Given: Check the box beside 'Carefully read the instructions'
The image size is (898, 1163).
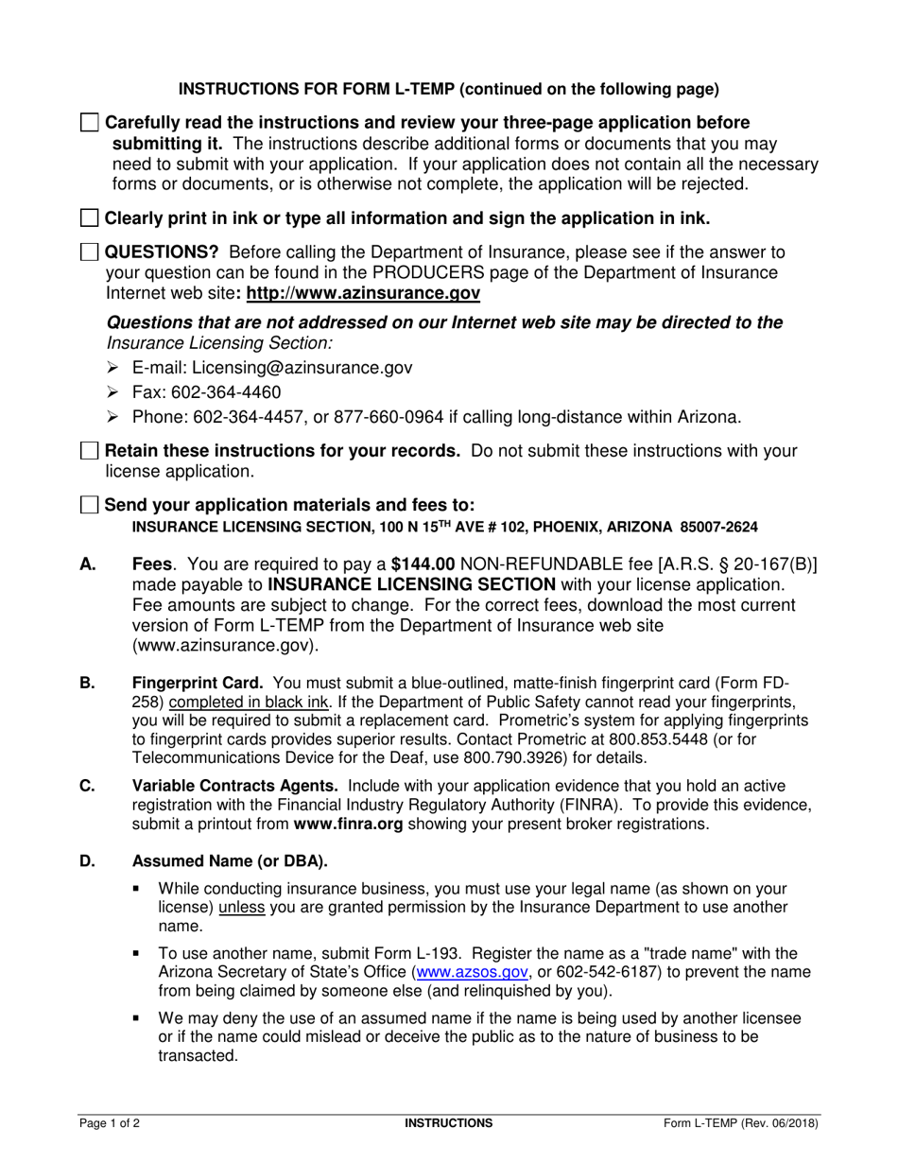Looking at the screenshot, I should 89,123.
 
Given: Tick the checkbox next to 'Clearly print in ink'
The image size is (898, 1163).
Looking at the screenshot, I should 89,218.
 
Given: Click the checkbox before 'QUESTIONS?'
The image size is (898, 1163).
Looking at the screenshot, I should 89,252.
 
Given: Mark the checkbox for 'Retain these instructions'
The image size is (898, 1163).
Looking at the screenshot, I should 89,451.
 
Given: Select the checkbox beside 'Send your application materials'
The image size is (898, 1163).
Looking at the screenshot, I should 89,505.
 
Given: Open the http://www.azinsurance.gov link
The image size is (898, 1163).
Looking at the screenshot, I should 363,294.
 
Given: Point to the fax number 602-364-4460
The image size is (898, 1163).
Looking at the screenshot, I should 226,392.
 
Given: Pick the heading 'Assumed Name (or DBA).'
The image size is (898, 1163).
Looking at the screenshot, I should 230,860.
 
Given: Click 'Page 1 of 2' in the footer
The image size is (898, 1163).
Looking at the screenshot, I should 114,1123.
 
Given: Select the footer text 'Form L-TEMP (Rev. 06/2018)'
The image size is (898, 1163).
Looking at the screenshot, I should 741,1123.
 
